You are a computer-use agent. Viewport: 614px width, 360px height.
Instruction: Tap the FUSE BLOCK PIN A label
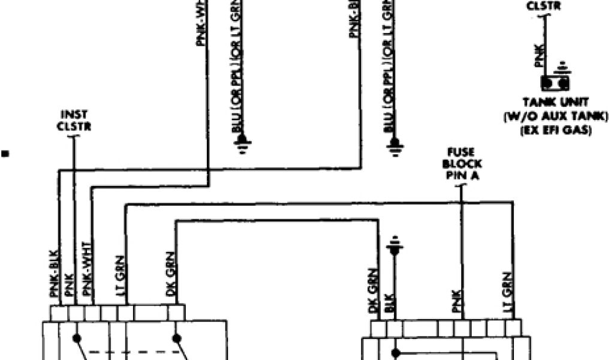[463, 164]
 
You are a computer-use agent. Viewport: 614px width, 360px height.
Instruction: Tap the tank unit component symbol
[555, 83]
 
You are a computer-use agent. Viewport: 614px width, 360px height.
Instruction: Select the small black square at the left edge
[5, 154]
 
